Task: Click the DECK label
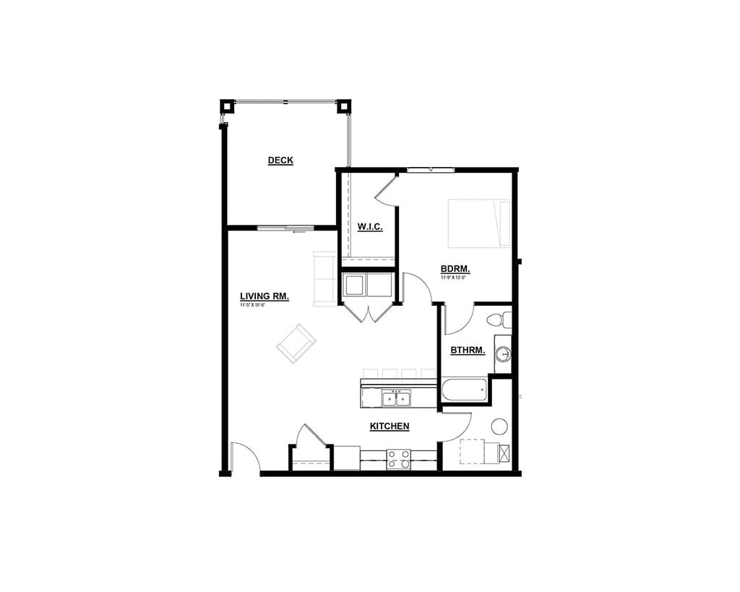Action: pyautogui.click(x=280, y=160)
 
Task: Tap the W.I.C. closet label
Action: pyautogui.click(x=370, y=227)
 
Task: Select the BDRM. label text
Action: pyautogui.click(x=455, y=270)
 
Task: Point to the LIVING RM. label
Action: pyautogui.click(x=264, y=296)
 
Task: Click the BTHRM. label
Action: pyautogui.click(x=468, y=351)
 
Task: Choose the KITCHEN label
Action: pyautogui.click(x=390, y=426)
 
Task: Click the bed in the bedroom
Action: pyautogui.click(x=479, y=223)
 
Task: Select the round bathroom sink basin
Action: pyautogui.click(x=503, y=354)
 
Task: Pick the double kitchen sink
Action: pyautogui.click(x=396, y=398)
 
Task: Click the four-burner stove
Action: pyautogui.click(x=398, y=459)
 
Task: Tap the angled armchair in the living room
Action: pyautogui.click(x=296, y=343)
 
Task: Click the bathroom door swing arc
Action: pyautogui.click(x=458, y=319)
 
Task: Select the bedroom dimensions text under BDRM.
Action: pyautogui.click(x=455, y=277)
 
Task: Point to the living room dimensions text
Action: pyautogui.click(x=253, y=305)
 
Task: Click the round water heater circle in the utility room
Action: pyautogui.click(x=499, y=425)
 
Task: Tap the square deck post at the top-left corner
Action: pyautogui.click(x=227, y=106)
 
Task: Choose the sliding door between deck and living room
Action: pyautogui.click(x=286, y=228)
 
